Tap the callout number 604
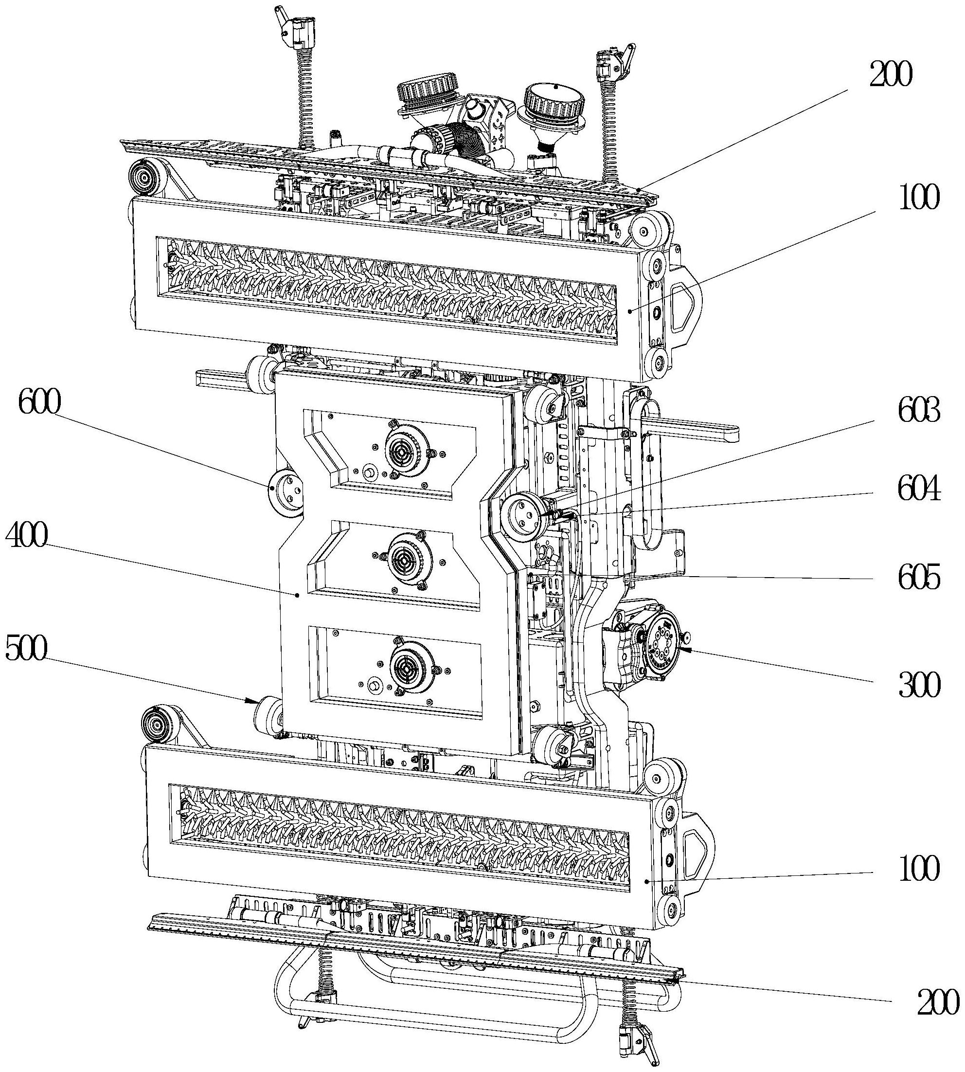919,489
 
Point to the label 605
919,578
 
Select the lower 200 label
938,1003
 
